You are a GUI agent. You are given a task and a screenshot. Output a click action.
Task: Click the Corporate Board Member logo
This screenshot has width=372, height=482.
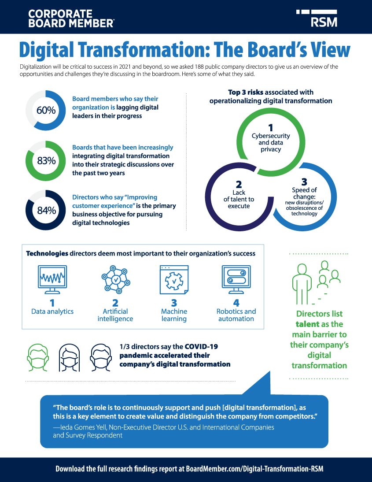coord(71,19)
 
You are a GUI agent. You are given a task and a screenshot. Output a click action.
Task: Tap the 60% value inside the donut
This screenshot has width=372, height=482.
coord(46,110)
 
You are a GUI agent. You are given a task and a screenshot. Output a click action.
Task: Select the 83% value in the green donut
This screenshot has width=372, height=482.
coord(46,160)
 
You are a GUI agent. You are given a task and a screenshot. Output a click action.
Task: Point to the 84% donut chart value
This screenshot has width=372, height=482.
coord(46,210)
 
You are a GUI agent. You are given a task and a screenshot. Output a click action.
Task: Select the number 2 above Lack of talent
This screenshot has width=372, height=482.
coord(239,185)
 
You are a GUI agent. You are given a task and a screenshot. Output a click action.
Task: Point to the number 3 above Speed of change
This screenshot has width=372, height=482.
coord(304,182)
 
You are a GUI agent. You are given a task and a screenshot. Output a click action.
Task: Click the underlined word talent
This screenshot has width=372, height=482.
coord(306,324)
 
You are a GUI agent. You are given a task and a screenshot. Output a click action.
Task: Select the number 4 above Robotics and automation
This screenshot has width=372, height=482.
coord(236,303)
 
